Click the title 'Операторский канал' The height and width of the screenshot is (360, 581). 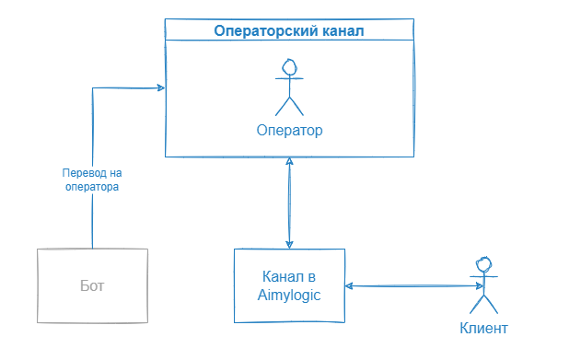(x=289, y=30)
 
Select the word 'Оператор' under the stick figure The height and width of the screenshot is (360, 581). (x=290, y=130)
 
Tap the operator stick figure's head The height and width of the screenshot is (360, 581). (x=290, y=67)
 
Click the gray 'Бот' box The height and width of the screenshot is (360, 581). (x=93, y=285)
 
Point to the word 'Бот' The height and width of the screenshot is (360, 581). (x=93, y=285)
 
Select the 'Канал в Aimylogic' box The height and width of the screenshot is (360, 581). (x=290, y=285)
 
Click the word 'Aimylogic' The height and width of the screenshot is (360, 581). (x=290, y=294)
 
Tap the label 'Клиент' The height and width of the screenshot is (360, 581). (x=482, y=328)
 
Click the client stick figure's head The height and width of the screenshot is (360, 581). (x=480, y=261)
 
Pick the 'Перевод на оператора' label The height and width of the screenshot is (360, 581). (x=92, y=180)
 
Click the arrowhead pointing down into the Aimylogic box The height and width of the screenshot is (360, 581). (x=290, y=243)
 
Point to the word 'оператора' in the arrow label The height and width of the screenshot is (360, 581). (x=92, y=187)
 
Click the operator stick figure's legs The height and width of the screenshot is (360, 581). (x=290, y=104)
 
